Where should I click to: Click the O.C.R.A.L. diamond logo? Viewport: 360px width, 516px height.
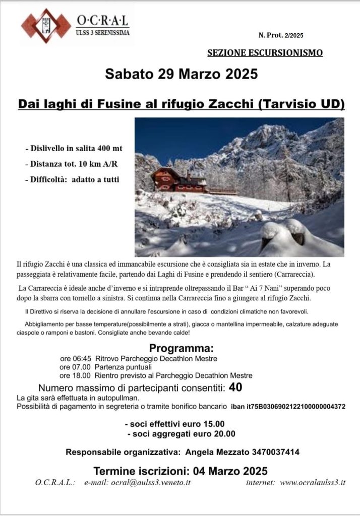pos(45,25)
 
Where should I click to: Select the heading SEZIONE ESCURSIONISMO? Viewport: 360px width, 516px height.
pos(265,52)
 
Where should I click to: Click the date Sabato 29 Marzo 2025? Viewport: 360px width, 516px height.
pos(182,74)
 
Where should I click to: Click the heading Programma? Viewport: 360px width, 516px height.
pos(182,349)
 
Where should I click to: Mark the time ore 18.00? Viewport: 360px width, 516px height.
pos(75,375)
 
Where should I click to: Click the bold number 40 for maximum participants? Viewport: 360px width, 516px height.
pos(235,388)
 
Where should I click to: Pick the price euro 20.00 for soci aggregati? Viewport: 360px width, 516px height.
pos(215,433)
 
